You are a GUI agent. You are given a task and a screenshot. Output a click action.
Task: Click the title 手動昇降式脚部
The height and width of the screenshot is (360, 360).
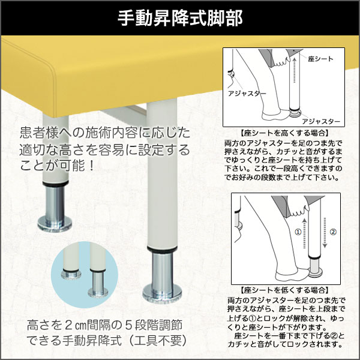click(x=180, y=18)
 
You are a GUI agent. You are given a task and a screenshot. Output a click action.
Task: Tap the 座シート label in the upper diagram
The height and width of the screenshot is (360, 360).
click(x=320, y=59)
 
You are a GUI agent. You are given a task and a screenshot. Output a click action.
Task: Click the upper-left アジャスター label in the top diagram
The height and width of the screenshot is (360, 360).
click(x=247, y=94)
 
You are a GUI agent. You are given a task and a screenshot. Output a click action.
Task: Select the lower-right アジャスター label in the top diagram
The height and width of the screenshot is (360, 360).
click(x=321, y=121)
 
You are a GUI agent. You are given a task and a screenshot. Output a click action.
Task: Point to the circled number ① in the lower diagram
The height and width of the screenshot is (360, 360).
click(x=298, y=232)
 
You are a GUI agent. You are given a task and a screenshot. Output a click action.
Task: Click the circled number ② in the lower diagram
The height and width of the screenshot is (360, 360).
click(x=333, y=232)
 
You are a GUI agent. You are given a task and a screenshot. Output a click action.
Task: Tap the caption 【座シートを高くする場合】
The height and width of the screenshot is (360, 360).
click(x=284, y=133)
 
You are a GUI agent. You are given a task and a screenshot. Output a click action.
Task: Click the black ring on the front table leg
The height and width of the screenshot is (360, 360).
click(x=162, y=250)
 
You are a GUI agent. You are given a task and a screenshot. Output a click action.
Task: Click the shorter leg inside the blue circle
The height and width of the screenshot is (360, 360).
click(x=71, y=260)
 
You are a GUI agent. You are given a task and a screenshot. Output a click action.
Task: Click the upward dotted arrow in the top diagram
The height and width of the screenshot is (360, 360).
click(x=295, y=70)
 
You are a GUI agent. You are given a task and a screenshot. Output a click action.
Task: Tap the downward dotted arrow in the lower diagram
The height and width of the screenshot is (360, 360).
click(x=325, y=233)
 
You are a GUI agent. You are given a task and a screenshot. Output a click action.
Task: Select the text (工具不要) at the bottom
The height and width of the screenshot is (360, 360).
click(x=158, y=341)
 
